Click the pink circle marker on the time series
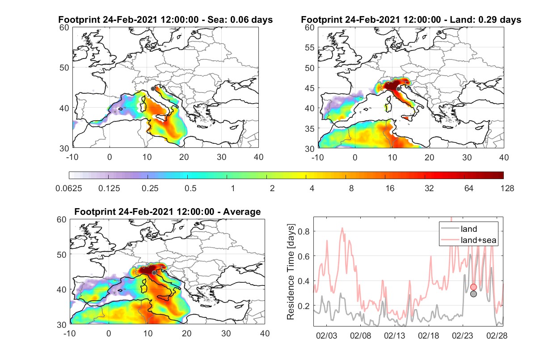473,287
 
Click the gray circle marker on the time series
473,294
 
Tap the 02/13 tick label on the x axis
394,335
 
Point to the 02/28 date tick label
497,335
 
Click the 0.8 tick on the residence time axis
304,231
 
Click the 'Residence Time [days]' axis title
291,272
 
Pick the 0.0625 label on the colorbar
69,188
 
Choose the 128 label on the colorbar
507,188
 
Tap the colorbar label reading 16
390,188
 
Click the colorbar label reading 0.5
190,188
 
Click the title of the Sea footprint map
165,20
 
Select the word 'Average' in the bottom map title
242,212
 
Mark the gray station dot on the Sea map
153,89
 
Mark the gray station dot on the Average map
154,273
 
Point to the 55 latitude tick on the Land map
310,47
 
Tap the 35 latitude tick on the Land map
310,129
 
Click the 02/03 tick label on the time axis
326,335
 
